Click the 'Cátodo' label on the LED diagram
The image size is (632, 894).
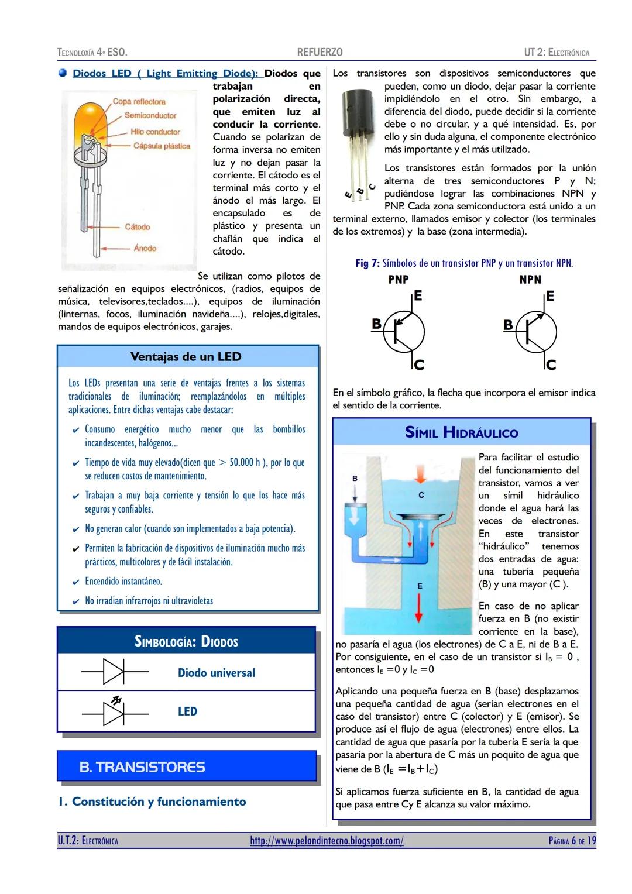[x=137, y=227]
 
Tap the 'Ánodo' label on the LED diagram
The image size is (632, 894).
[x=145, y=248]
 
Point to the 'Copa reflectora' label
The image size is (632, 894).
[x=139, y=102]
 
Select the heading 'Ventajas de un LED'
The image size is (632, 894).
[x=186, y=357]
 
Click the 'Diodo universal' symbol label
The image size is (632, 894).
[x=216, y=673]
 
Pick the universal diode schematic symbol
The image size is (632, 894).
[x=114, y=672]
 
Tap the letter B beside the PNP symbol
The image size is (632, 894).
[x=377, y=324]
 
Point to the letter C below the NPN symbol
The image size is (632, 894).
[x=551, y=365]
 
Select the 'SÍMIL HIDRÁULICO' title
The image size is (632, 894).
[x=461, y=433]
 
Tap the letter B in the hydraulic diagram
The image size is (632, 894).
[x=355, y=479]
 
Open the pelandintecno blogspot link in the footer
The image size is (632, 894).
[x=327, y=841]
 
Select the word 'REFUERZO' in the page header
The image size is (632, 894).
[x=320, y=53]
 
